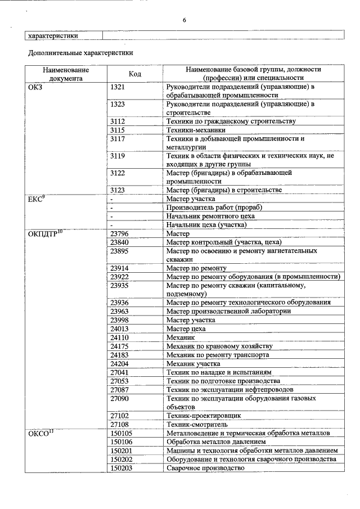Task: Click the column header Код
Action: click(134, 74)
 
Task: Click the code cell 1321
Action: click(118, 87)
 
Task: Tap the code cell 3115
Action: click(118, 130)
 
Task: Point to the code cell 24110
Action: click(119, 337)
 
